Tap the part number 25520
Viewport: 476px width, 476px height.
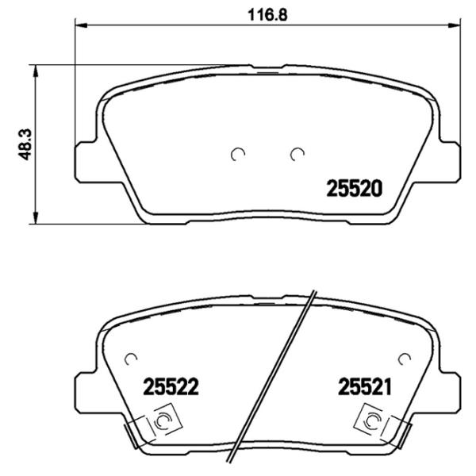click(355, 190)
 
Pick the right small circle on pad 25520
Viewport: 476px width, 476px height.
click(297, 154)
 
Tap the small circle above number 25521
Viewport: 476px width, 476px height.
click(404, 358)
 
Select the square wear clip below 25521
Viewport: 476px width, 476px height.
click(371, 419)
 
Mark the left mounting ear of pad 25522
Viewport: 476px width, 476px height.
click(86, 393)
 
